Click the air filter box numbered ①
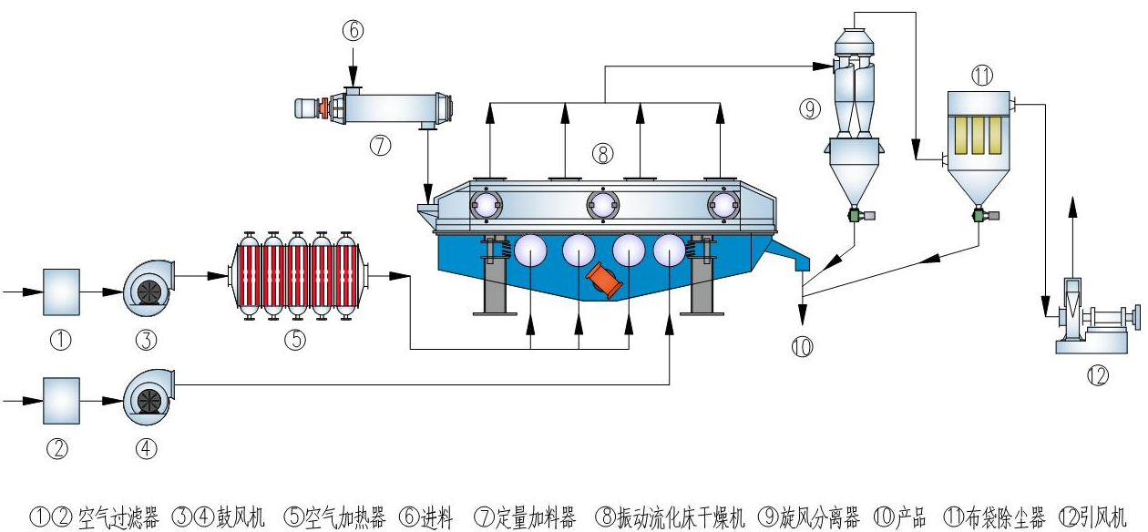point(61,292)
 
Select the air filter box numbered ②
point(61,398)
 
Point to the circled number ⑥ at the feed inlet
point(353,30)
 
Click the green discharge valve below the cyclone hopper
point(856,215)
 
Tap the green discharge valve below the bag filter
point(979,215)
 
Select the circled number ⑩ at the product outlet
point(802,346)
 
